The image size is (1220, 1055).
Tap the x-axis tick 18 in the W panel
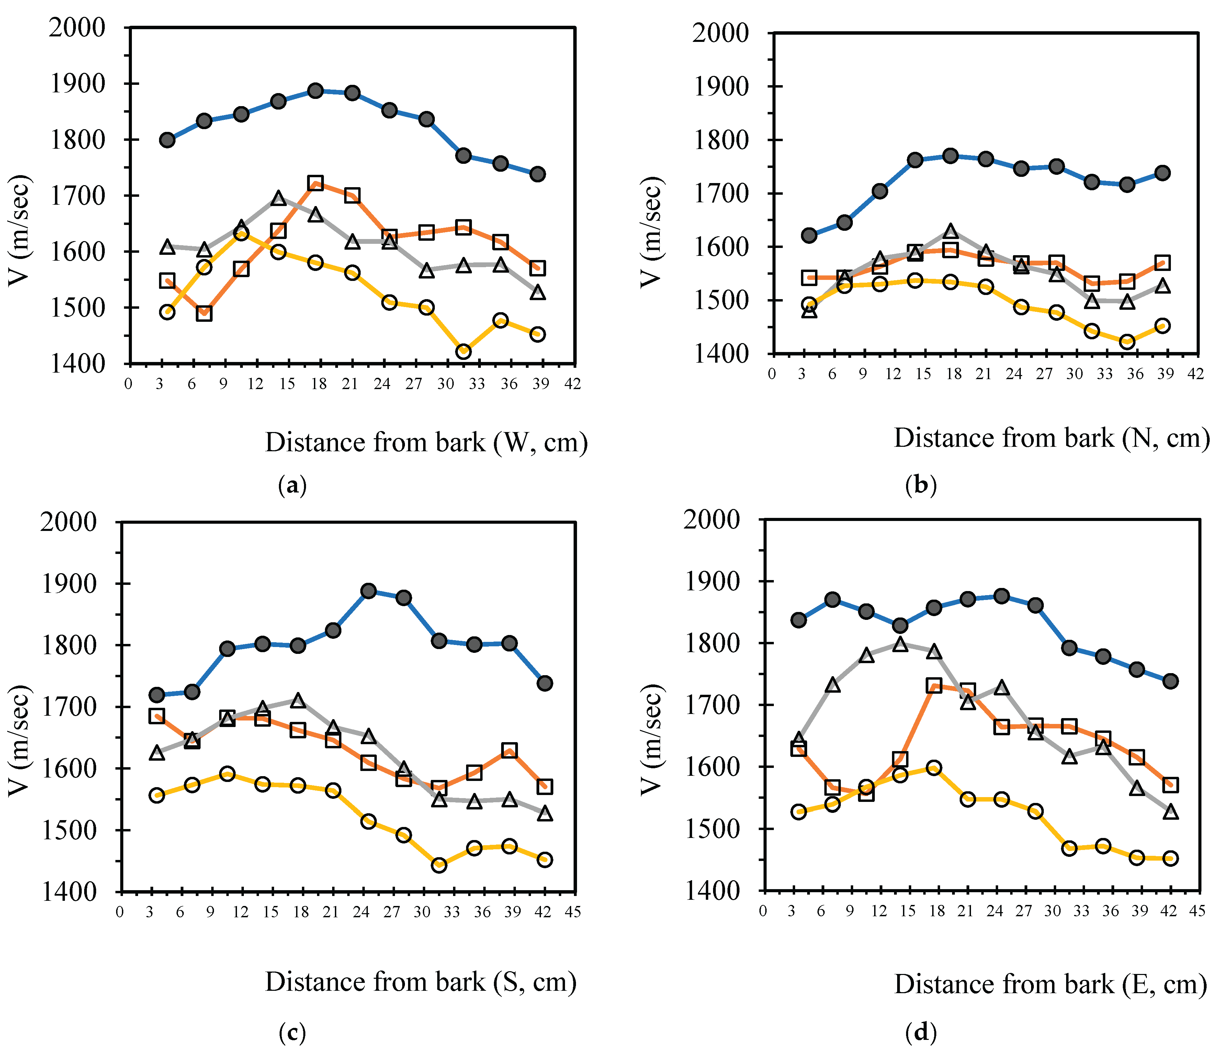[318, 384]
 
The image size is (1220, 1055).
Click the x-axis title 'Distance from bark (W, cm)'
[426, 443]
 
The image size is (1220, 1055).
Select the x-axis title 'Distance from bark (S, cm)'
[420, 982]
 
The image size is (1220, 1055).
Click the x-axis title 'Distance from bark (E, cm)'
[1050, 984]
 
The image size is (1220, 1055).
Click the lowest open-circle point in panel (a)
[463, 351]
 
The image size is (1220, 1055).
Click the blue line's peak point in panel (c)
[369, 591]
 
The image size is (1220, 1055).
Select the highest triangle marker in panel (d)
[900, 644]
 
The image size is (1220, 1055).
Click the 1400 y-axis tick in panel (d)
[711, 891]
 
